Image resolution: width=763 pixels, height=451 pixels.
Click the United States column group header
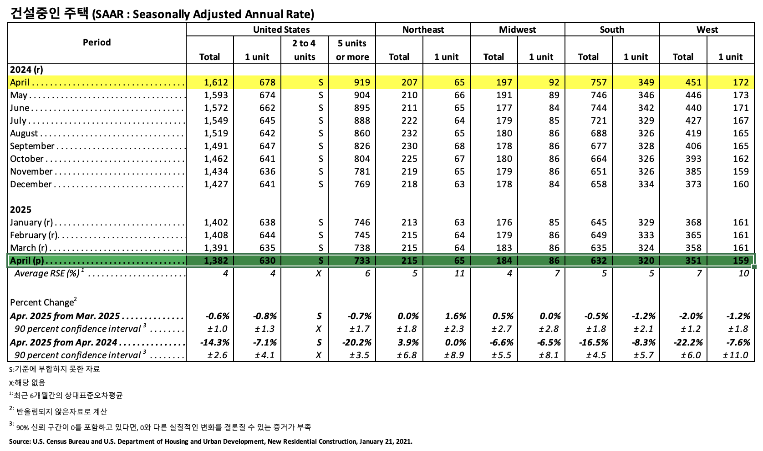pyautogui.click(x=281, y=30)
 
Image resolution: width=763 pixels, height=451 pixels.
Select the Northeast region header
pyautogui.click(x=423, y=30)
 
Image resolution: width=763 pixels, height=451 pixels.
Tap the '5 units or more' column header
pyautogui.click(x=352, y=50)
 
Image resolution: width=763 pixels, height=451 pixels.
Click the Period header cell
pyautogui.click(x=97, y=42)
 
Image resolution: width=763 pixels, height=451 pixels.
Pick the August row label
pyautogui.click(x=24, y=133)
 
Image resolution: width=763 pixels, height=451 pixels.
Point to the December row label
pyautogui.click(x=31, y=184)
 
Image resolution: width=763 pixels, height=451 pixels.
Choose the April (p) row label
pyautogui.click(x=27, y=261)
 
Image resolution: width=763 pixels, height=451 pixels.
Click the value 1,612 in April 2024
pyautogui.click(x=216, y=82)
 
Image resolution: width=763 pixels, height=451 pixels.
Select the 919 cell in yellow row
pyautogui.click(x=362, y=82)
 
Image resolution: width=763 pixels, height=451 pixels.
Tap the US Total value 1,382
pyautogui.click(x=216, y=261)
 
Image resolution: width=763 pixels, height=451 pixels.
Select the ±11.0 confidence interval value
pyautogui.click(x=735, y=355)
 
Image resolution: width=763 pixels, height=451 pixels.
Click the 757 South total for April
pyautogui.click(x=599, y=82)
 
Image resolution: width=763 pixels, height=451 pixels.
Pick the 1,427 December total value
pyautogui.click(x=216, y=184)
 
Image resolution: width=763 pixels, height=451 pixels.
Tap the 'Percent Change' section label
pyautogui.click(x=42, y=302)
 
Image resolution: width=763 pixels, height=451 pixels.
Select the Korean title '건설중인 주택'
pyautogui.click(x=49, y=14)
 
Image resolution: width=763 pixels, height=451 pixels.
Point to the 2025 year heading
pyautogui.click(x=21, y=210)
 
